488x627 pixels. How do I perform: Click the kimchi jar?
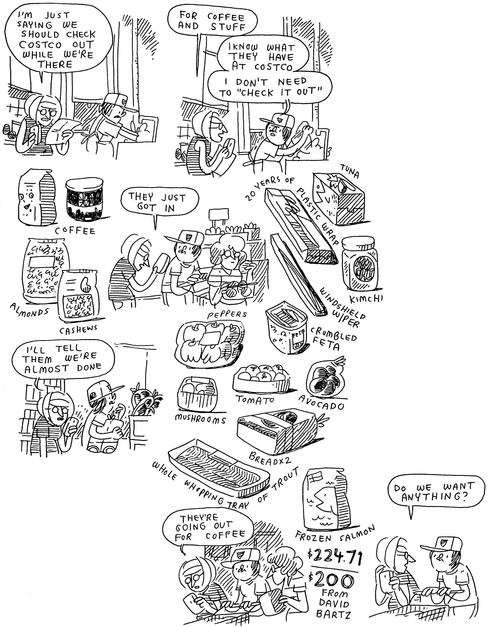click(x=359, y=264)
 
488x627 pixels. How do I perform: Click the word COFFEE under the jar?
click(x=75, y=231)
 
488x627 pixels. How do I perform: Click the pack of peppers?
click(x=209, y=342)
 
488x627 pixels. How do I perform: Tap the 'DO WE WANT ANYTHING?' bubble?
click(x=433, y=493)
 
